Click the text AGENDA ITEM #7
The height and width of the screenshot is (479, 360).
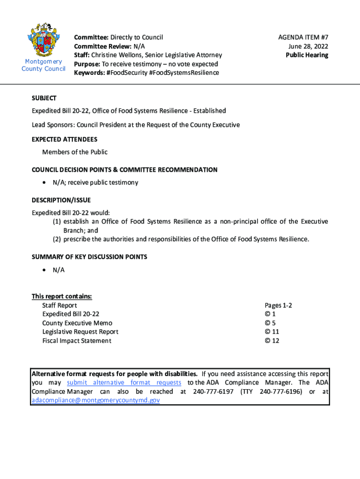point(303,37)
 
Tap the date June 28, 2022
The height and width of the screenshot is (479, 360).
point(308,46)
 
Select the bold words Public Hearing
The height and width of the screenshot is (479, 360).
point(307,55)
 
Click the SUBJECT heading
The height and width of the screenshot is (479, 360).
point(44,98)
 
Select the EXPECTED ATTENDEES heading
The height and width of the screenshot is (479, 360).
point(65,139)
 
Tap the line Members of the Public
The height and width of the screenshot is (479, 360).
point(75,152)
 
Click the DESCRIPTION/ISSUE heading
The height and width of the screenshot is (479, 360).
point(61,200)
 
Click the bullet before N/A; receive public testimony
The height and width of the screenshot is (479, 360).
point(43,183)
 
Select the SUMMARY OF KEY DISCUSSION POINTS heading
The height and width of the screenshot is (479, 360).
point(89,257)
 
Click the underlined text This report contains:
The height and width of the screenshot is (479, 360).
point(62,296)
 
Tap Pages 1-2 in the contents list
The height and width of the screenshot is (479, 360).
point(278,305)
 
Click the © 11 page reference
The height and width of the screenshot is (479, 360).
point(272,332)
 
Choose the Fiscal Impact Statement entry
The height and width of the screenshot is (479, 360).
point(77,341)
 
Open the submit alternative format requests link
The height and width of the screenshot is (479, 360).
point(124,383)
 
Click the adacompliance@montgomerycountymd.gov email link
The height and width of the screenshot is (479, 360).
point(95,400)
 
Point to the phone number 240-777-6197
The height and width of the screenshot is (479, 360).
point(213,392)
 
